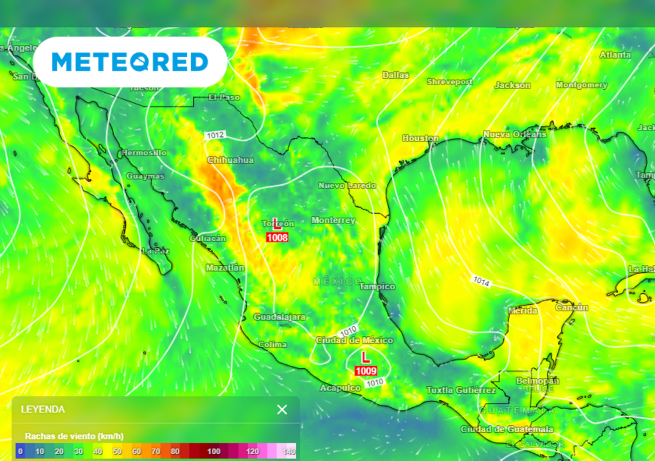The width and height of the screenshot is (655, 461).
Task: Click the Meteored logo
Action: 130,62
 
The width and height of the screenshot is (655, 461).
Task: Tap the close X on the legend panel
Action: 282,410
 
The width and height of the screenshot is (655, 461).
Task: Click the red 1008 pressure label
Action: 277,238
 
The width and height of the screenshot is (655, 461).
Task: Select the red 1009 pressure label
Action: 365,371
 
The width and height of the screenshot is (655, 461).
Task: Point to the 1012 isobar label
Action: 216,135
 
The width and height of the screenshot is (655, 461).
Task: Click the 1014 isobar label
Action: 482,280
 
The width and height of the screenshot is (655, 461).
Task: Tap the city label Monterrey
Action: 333,220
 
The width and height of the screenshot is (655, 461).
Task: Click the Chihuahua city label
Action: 230,160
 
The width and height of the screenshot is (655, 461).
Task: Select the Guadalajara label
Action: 280,317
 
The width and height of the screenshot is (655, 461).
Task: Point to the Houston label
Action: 420,138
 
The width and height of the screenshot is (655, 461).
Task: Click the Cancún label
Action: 571,307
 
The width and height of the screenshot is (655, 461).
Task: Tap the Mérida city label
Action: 523,311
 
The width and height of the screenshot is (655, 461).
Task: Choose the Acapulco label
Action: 340,388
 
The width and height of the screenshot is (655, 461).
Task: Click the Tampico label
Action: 377,286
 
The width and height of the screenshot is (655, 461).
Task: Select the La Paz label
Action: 155,251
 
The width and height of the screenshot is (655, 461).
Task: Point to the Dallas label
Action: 395,75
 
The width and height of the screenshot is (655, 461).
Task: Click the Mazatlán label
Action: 225,268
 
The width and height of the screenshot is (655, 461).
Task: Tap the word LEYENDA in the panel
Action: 43,409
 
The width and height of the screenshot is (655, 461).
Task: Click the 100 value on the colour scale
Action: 214,451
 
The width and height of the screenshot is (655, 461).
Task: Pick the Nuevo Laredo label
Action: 347,186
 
